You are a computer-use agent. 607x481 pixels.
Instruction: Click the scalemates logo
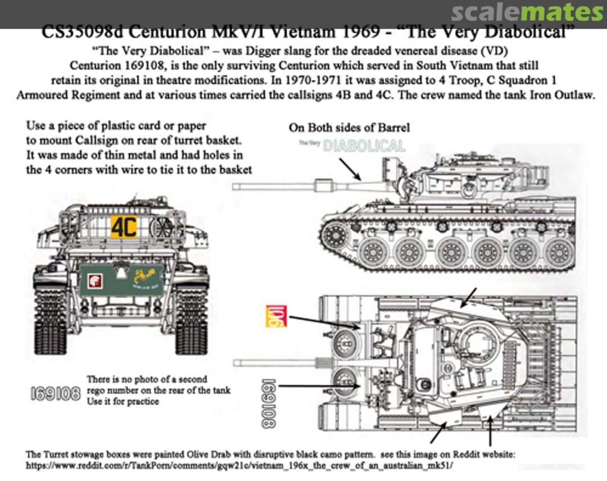(527, 12)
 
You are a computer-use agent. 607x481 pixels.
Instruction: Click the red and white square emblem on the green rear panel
(94, 278)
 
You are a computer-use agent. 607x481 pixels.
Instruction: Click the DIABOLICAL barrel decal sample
(365, 146)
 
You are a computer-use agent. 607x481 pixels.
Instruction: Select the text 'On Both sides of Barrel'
(349, 128)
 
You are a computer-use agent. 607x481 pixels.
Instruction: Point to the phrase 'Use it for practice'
(123, 401)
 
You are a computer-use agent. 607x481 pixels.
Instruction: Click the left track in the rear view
(51, 320)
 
